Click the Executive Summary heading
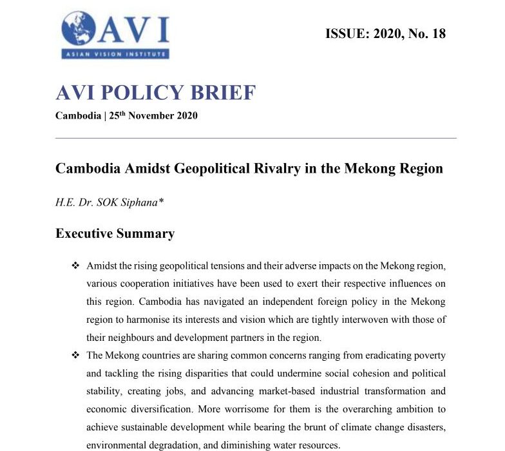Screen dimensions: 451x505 click(x=115, y=233)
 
